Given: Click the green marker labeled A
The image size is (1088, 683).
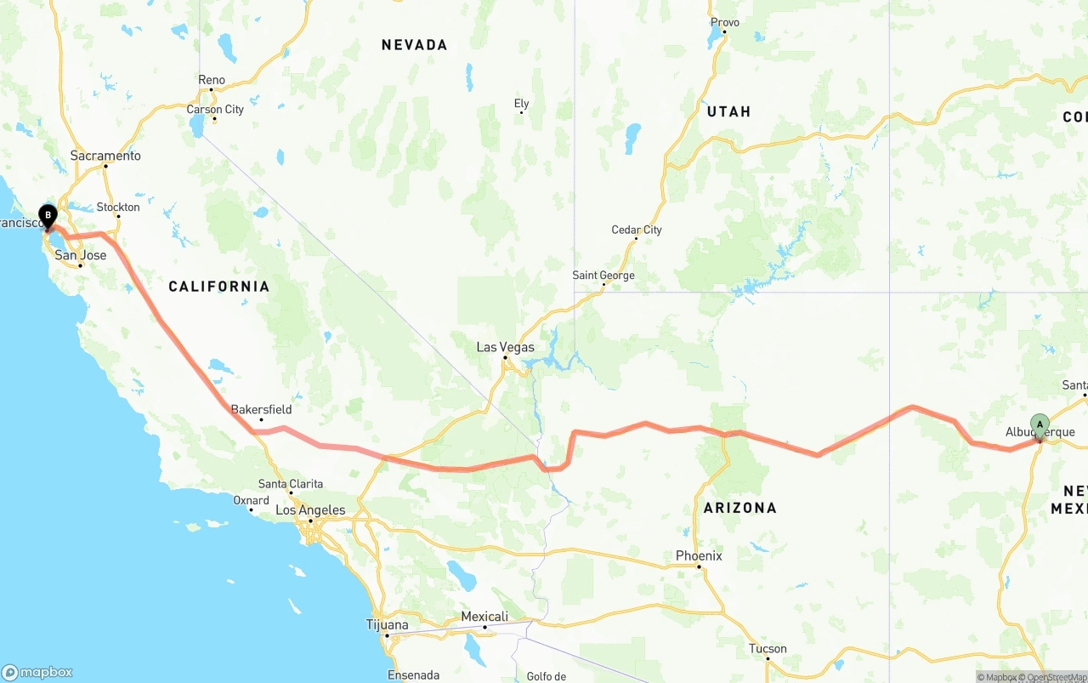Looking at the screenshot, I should [1040, 424].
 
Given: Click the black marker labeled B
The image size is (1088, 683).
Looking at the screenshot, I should [48, 216].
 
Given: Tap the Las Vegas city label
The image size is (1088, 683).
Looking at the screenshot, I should [505, 347].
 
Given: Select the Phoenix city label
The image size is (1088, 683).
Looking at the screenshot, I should [699, 556].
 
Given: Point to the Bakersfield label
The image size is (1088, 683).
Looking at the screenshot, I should [261, 409].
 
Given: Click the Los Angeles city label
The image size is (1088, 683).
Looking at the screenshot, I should [310, 510].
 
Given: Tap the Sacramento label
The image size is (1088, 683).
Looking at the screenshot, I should [105, 156].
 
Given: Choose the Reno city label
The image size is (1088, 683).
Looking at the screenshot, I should [212, 80].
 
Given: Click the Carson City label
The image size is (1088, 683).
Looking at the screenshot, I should [215, 109].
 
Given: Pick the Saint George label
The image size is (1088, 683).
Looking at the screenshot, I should [603, 276].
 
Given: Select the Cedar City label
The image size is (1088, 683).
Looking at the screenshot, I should [636, 230].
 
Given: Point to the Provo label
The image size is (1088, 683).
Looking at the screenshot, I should [724, 22].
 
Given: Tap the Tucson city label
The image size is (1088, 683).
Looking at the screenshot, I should [768, 649].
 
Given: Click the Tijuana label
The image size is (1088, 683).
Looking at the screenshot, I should [387, 625].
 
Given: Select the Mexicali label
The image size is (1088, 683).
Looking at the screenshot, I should [484, 617].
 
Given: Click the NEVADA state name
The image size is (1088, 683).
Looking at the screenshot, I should [414, 45].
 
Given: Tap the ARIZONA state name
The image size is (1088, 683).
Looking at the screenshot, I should [739, 508].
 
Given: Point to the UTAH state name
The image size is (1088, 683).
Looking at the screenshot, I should [728, 111].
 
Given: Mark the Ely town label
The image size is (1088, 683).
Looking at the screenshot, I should [521, 104].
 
